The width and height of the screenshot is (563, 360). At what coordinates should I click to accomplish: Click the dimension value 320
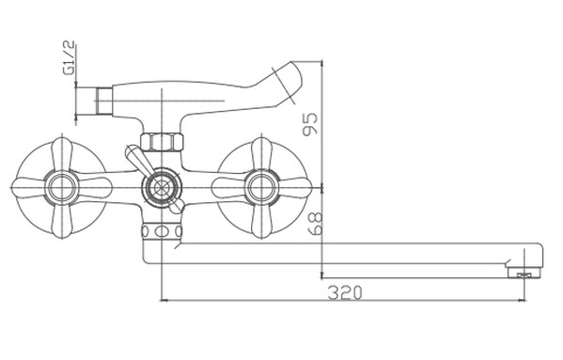pos(345,293)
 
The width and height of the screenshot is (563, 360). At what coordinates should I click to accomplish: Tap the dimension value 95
pos(310,124)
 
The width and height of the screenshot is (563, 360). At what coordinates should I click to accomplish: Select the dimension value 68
pos(315,224)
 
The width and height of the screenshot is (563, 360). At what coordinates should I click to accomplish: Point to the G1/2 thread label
pos(69,57)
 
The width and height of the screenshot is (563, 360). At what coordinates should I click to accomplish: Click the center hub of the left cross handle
pos(62,187)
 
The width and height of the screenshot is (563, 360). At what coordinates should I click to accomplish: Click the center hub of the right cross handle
pos(261,187)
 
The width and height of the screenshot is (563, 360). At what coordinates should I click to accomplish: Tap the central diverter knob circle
pos(162,187)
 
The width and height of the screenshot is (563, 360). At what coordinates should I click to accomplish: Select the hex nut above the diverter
pos(162,142)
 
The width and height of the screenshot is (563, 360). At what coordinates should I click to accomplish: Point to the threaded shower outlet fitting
pos(104,101)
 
